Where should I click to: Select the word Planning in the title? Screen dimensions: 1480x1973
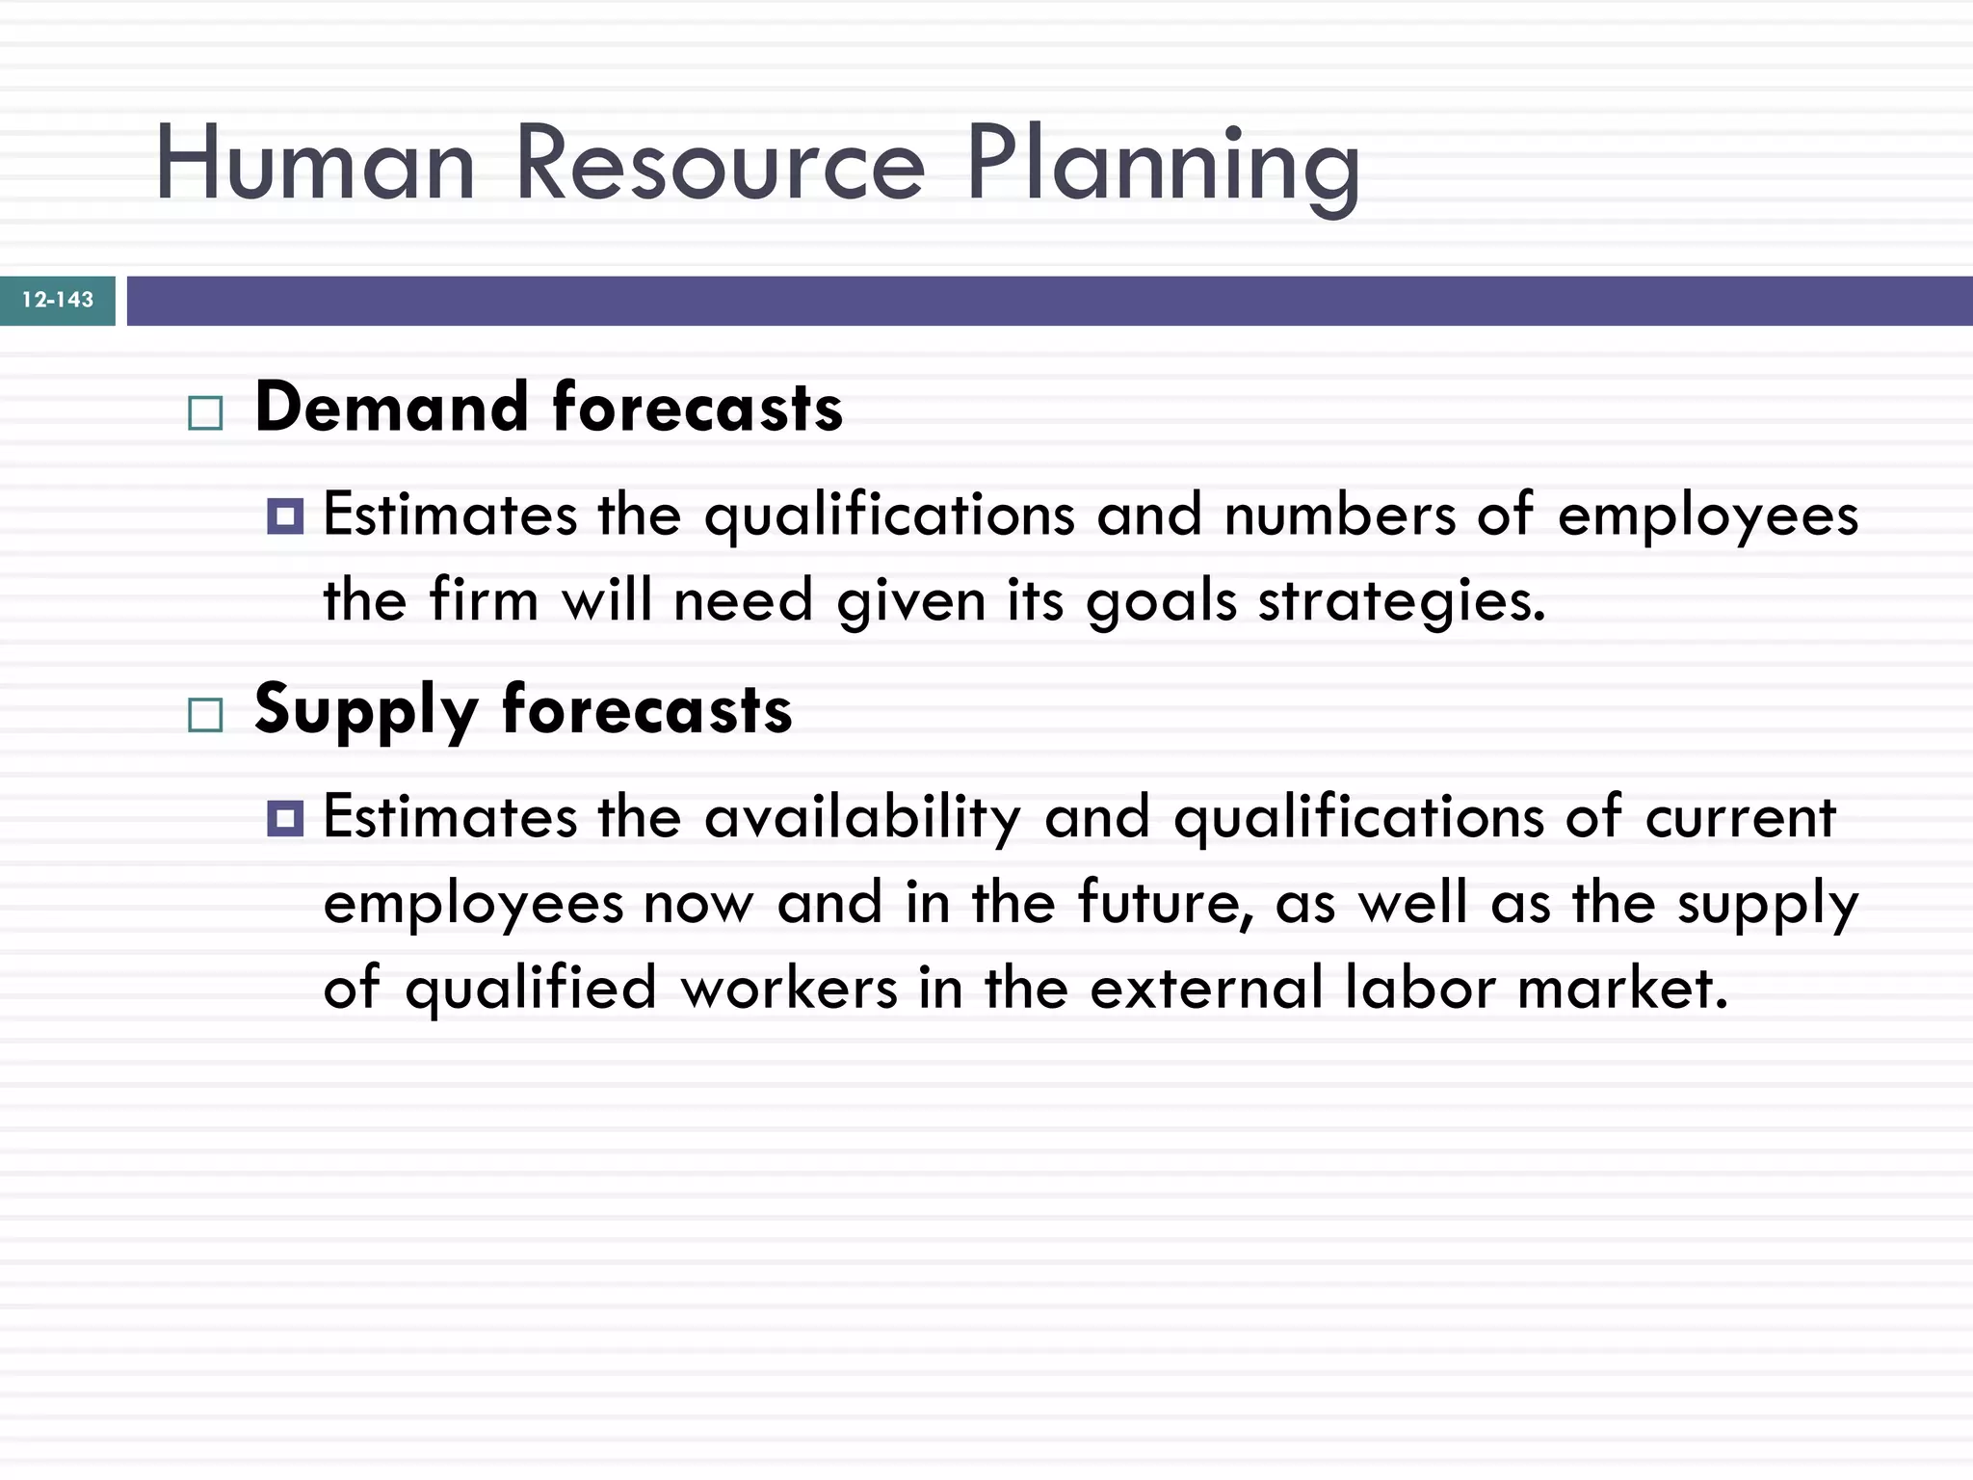1163,166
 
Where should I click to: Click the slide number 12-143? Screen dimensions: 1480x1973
58,300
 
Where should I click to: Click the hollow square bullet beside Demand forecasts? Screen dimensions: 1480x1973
205,413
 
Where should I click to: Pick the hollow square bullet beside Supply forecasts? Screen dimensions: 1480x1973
205,716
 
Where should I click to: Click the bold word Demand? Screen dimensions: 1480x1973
392,408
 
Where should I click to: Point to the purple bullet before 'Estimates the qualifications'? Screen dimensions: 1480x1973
285,516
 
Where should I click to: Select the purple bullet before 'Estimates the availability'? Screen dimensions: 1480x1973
285,819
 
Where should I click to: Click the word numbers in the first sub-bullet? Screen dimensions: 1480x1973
1340,516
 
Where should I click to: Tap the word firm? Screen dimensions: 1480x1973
484,601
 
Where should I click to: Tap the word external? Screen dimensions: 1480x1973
1206,989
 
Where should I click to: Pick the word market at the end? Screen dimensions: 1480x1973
1622,989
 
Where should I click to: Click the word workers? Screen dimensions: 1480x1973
789,989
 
